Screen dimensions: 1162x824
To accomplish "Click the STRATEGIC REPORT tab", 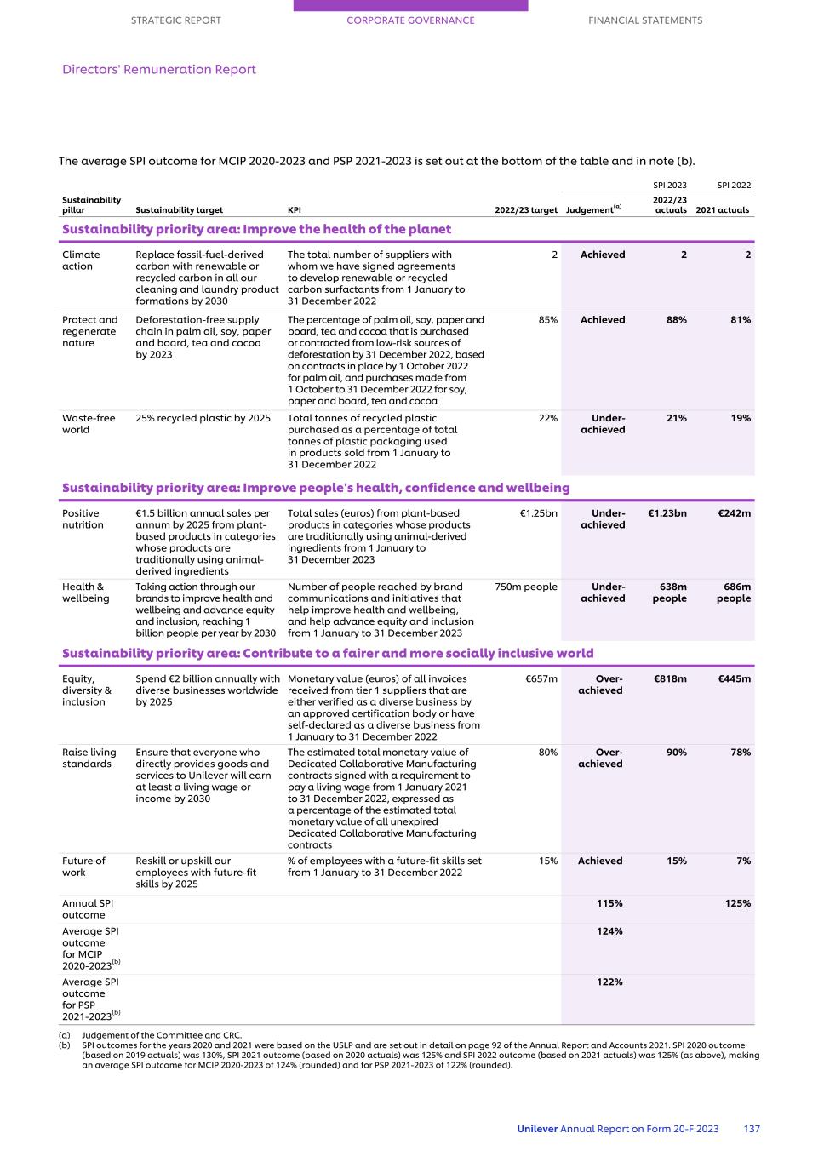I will [175, 20].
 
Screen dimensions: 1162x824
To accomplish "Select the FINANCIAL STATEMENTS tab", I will [645, 20].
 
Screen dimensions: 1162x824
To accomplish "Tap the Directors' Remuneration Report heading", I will [158, 70].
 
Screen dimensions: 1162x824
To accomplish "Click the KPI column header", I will [295, 210].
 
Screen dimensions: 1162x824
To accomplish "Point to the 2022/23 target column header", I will [526, 210].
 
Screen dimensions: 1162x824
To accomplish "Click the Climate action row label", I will [81, 260].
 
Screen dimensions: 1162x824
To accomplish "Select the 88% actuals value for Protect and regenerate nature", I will [676, 320].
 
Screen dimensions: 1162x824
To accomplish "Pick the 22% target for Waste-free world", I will [547, 418].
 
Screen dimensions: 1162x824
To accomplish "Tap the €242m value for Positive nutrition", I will [734, 513].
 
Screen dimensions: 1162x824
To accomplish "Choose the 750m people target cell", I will [526, 587].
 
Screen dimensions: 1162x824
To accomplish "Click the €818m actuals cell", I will [670, 678].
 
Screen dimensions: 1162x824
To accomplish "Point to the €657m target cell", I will [541, 678].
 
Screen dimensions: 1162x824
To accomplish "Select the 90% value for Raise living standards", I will [676, 753].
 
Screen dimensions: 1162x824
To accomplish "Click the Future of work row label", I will [83, 867].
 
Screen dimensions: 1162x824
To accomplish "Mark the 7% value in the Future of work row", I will [743, 861].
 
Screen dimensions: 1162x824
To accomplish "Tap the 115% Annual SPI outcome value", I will [609, 903].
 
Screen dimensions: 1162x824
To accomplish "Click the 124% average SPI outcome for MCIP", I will [609, 931].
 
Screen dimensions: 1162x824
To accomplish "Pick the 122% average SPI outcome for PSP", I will [609, 982].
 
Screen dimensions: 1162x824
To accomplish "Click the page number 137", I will [752, 1129].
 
